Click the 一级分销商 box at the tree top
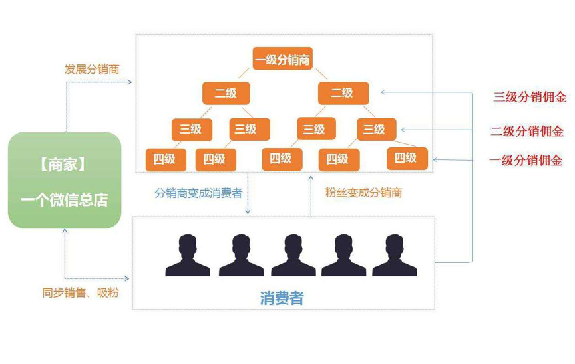(x=283, y=60)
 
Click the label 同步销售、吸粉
(x=80, y=292)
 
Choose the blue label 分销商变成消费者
(x=198, y=193)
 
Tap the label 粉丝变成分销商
(x=363, y=193)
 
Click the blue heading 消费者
(x=282, y=298)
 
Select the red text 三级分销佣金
(x=530, y=97)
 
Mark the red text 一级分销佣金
(x=526, y=161)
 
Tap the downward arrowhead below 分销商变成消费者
(x=248, y=212)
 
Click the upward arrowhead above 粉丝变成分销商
(x=311, y=176)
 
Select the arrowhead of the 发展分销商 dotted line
(x=130, y=82)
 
